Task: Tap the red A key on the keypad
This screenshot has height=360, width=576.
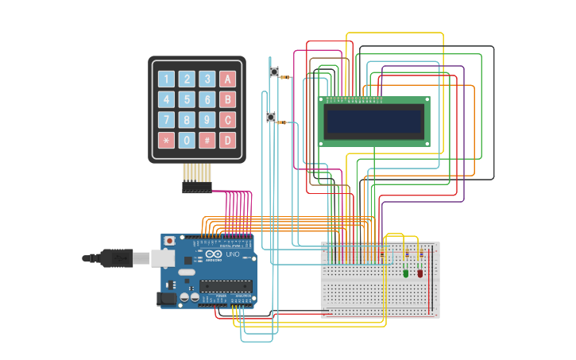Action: click(227, 79)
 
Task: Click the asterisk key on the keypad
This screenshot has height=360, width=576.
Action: click(166, 141)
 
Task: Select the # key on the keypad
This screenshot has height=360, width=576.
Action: click(207, 141)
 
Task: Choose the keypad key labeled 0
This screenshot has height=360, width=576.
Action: click(187, 141)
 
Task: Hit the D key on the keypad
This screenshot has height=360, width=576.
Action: click(227, 141)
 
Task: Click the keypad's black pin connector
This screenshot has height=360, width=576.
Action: click(197, 188)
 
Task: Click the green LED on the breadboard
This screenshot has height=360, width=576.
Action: click(406, 273)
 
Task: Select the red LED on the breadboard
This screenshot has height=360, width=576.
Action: click(420, 273)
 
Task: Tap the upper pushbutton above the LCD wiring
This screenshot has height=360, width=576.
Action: click(274, 72)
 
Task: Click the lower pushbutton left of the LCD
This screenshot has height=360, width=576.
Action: click(271, 118)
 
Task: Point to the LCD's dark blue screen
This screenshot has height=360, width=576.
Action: click(374, 122)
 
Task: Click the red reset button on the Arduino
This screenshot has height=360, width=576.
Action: click(169, 241)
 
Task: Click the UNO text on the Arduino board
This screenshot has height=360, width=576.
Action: click(233, 254)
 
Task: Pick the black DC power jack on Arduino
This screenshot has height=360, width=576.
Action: click(167, 299)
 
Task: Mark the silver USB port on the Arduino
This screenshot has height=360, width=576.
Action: click(164, 257)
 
